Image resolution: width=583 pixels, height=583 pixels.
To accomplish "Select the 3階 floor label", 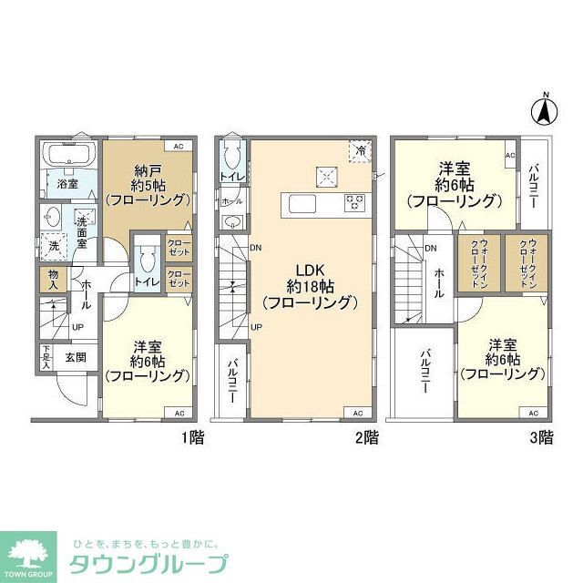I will point(540,438).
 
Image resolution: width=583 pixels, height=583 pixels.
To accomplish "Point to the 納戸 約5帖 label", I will point(147,182).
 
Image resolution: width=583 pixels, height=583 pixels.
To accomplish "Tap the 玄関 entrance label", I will point(75,358).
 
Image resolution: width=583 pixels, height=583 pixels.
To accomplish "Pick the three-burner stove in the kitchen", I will point(355,203).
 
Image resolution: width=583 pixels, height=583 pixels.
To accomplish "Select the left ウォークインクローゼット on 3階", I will point(474,264).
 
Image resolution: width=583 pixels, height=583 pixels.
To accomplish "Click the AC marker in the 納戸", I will point(179,146).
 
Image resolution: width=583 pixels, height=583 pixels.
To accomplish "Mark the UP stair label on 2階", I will point(256,326).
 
